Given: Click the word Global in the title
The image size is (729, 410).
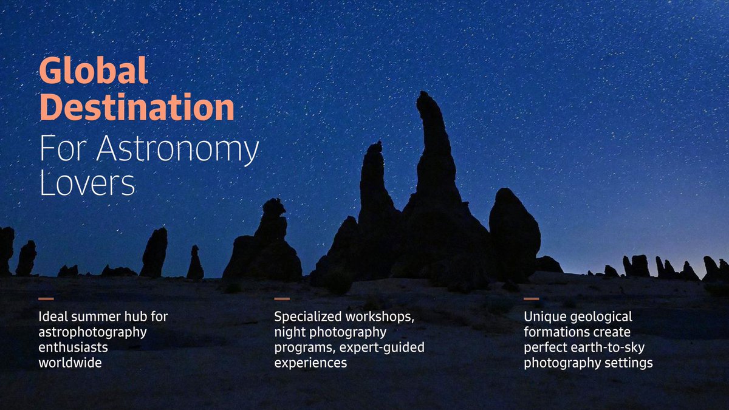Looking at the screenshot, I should (94, 72).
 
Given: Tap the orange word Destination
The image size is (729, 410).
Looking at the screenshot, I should (137, 108).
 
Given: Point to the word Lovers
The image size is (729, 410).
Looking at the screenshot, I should (87, 183).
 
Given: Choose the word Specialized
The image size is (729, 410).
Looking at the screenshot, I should (307, 317).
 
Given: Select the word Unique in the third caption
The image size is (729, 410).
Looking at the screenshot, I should (544, 317).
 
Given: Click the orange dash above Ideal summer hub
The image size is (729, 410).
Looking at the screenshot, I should (46, 299).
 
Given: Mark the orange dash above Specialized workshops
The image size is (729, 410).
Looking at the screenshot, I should (282, 299).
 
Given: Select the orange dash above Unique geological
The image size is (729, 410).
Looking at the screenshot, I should (532, 299).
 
